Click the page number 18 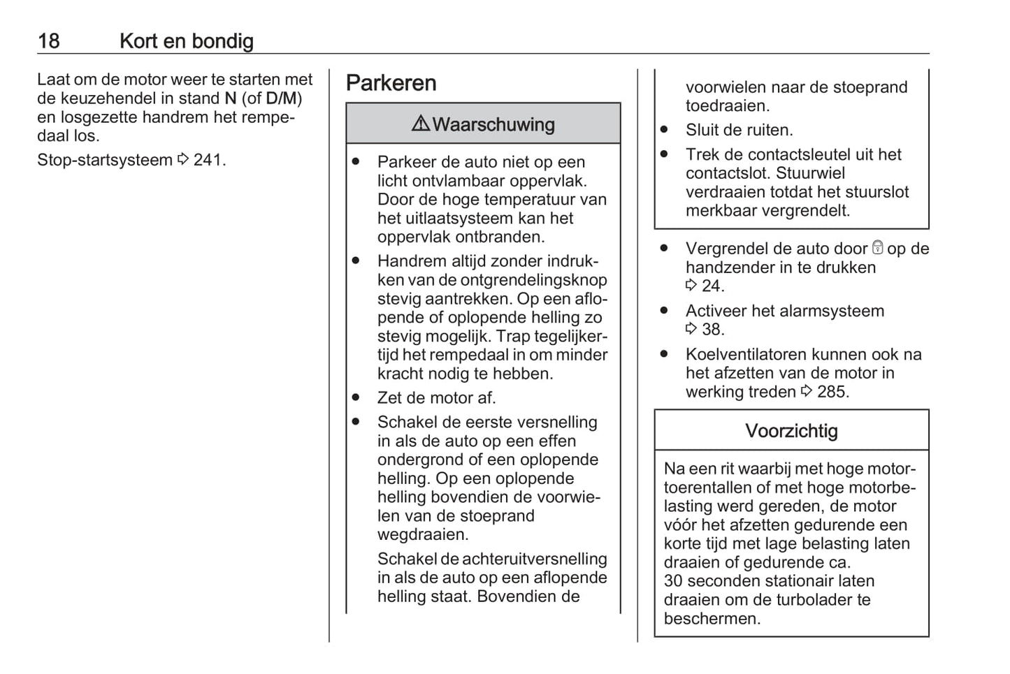coord(49,41)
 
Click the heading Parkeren coord(391,83)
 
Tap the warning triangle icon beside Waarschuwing coord(421,124)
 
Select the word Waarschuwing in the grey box coord(493,124)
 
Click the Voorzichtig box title coord(791,430)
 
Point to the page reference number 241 coord(208,160)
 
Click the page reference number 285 coord(832,392)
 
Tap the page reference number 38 coord(713,329)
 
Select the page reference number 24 coord(713,286)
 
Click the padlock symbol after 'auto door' coord(878,248)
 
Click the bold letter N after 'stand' coord(230,98)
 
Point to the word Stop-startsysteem coord(105,160)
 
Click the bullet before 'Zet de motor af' coord(356,397)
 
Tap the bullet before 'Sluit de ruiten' coord(664,130)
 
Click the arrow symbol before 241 coord(183,160)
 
